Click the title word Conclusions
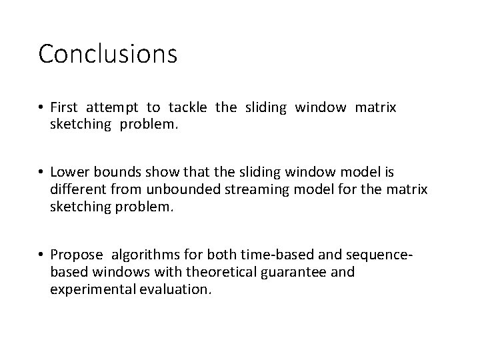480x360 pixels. pyautogui.click(x=107, y=54)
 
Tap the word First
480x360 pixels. pyautogui.click(x=65, y=107)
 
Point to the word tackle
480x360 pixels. pyautogui.click(x=188, y=107)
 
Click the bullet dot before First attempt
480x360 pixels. pyautogui.click(x=41, y=108)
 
